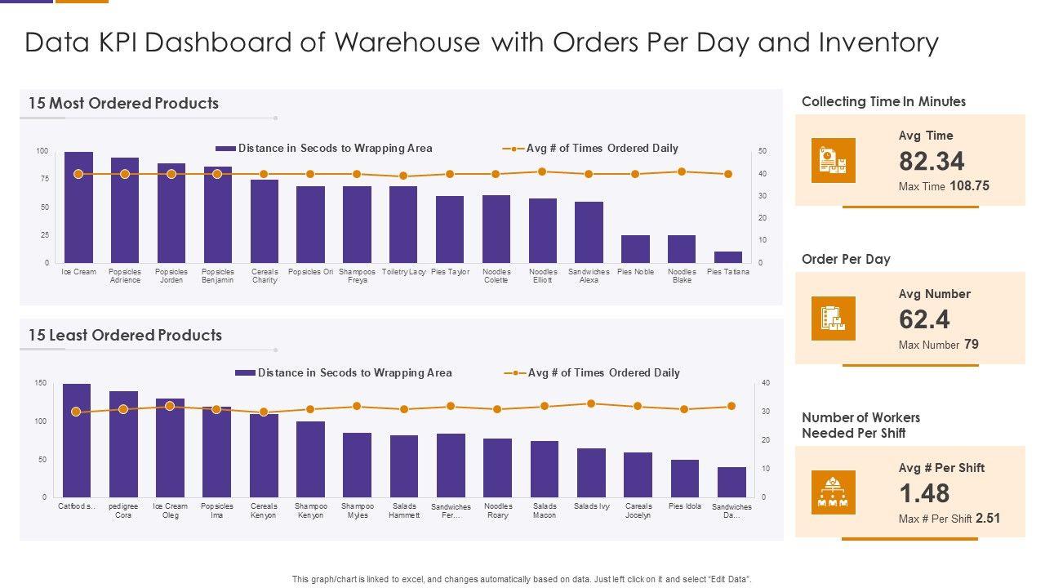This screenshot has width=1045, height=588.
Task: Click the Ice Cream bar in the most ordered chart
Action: (x=78, y=207)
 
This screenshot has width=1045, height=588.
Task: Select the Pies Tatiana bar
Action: (x=727, y=257)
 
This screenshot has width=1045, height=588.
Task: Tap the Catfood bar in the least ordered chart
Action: (x=77, y=441)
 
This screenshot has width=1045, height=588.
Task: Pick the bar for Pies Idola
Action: (x=685, y=479)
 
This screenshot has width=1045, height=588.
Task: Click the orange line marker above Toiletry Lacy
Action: (x=403, y=176)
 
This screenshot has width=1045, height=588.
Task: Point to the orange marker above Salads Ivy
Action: (x=591, y=403)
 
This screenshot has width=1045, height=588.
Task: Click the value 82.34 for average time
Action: (x=932, y=161)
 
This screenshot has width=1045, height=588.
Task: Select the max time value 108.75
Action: (x=969, y=186)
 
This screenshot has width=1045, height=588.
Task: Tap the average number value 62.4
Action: (x=924, y=319)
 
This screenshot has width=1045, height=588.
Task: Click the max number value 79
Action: (x=971, y=345)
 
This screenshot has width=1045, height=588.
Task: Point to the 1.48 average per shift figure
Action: (x=924, y=493)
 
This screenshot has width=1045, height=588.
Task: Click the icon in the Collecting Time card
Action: (x=834, y=160)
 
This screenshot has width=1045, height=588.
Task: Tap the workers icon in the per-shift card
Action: (x=834, y=492)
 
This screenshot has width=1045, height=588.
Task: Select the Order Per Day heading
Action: (x=846, y=260)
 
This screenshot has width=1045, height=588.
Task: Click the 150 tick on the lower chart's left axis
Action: (x=41, y=383)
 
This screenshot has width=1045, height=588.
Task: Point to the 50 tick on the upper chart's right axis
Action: (x=763, y=152)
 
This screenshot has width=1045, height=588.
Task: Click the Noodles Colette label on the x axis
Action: (x=496, y=276)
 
